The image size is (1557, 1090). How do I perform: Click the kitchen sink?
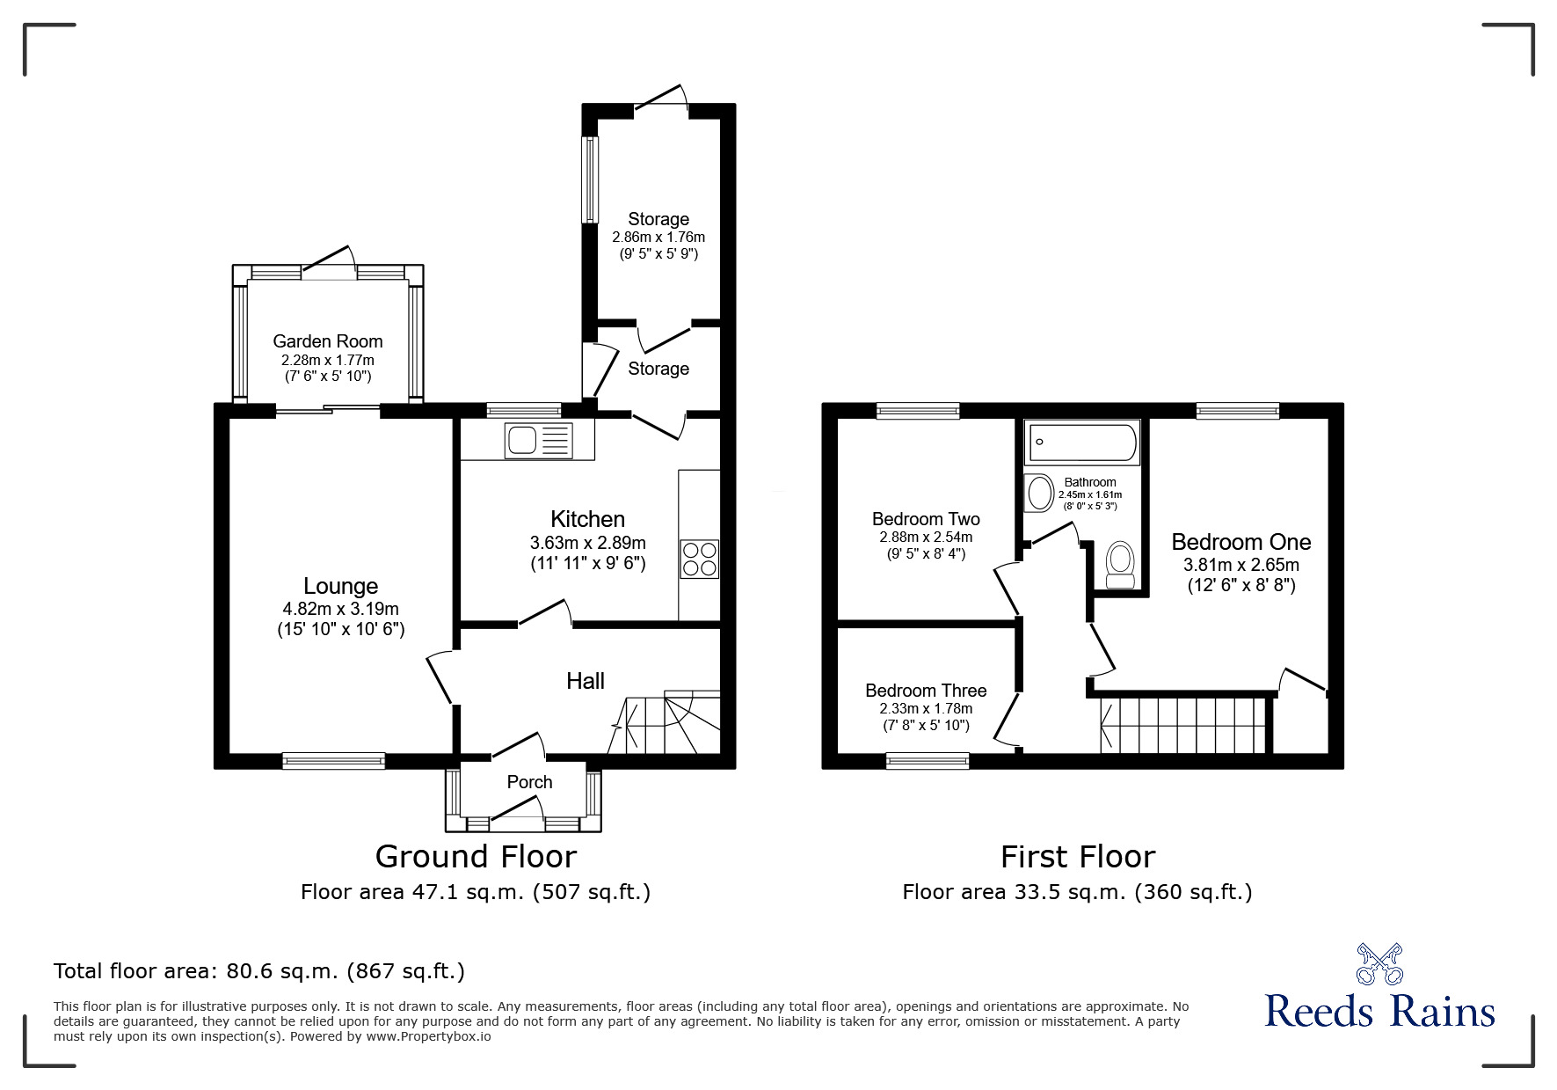point(538,440)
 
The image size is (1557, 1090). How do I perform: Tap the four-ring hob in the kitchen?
point(700,559)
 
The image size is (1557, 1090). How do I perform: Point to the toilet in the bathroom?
point(1119,564)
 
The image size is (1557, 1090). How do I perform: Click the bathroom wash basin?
point(1040,494)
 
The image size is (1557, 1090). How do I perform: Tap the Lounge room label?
point(341,586)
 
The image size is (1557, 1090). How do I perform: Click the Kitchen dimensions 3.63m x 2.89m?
point(587,543)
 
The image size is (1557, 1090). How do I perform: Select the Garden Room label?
point(328,341)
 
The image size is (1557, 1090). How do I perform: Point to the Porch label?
point(529,782)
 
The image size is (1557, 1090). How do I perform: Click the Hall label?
point(586,681)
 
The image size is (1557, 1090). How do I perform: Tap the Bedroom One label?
point(1241,542)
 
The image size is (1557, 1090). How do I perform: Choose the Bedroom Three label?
point(926,691)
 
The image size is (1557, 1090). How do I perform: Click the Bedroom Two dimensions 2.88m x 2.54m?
point(926,538)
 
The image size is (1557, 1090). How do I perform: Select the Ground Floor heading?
point(476,856)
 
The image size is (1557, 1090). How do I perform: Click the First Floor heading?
point(1078,856)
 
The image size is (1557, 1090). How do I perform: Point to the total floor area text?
point(259,971)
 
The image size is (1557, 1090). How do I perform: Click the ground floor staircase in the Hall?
point(665,722)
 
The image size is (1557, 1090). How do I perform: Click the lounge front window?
point(334,761)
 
